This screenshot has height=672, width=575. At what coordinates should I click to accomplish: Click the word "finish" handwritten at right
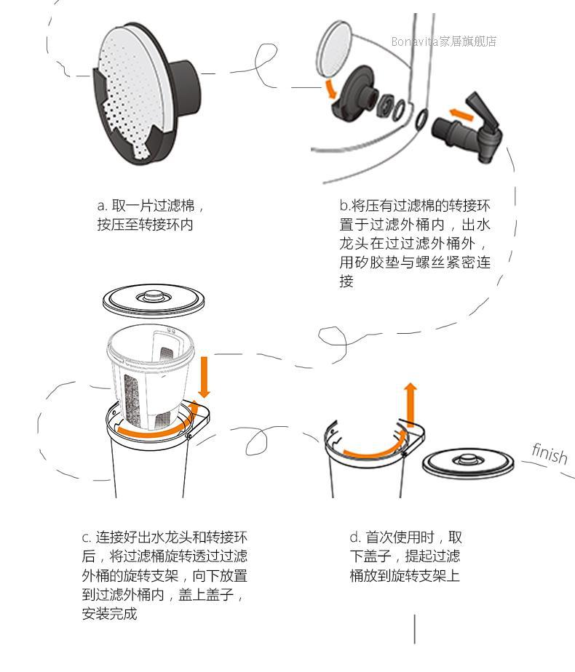[x=549, y=453]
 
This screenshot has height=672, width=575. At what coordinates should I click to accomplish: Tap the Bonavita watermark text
[x=443, y=41]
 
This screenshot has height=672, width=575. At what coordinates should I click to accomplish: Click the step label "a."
[x=102, y=205]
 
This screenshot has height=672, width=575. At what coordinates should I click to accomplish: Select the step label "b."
[x=344, y=205]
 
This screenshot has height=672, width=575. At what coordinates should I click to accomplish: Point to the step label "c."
[x=87, y=538]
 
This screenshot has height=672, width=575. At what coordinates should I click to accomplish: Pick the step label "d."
[x=355, y=538]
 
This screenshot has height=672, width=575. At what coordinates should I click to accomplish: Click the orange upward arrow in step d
[x=411, y=404]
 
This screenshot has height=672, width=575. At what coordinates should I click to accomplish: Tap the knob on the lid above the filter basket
[x=153, y=295]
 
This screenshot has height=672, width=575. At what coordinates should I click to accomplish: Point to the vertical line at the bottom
[x=415, y=629]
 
